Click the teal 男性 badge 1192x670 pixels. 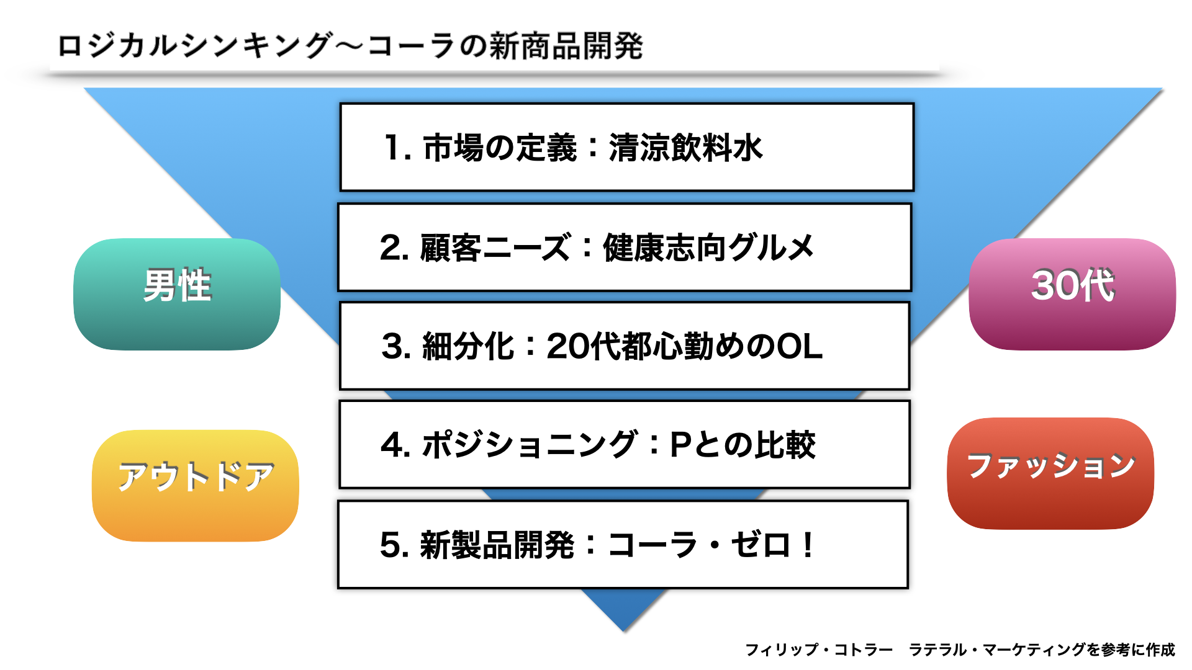click(x=177, y=294)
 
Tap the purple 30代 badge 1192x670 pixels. click(x=1072, y=294)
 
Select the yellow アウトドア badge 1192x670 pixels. click(x=196, y=485)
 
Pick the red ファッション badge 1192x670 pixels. click(x=1050, y=473)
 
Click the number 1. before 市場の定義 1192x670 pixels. click(x=398, y=148)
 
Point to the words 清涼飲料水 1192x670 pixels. click(x=685, y=148)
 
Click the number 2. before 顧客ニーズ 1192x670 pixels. click(x=394, y=248)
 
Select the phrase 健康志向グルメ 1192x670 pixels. click(x=708, y=248)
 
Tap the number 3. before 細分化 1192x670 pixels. click(x=396, y=346)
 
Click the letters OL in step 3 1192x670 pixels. click(x=800, y=346)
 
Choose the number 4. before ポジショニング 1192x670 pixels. click(x=395, y=445)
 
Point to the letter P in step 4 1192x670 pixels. click(x=681, y=445)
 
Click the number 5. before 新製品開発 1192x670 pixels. click(x=394, y=545)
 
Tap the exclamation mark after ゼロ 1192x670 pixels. click(x=807, y=545)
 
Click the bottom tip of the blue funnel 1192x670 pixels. click(x=624, y=632)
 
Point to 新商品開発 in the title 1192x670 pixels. click(x=566, y=46)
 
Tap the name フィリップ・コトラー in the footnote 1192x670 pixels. click(x=819, y=650)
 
